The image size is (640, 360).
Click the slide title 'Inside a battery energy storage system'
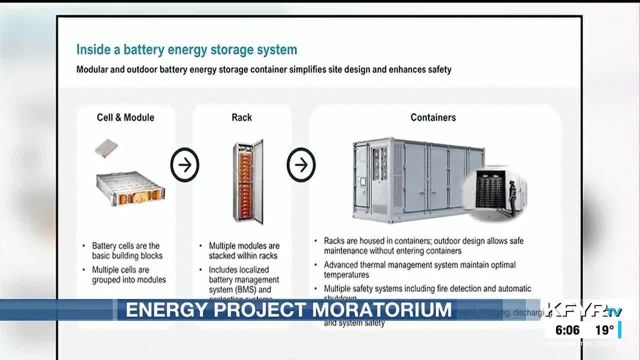point(186,50)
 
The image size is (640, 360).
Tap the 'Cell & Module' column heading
point(125,117)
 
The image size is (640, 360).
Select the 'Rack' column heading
point(241,117)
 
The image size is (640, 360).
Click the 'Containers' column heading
point(433,117)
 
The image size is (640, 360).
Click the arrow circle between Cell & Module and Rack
point(184,164)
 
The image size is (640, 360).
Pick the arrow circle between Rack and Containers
point(301,164)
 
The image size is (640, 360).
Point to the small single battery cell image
point(106,148)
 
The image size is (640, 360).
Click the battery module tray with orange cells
point(130,188)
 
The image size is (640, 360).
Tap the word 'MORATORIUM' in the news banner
point(382,310)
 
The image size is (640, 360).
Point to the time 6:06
point(567,330)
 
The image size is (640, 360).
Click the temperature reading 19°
point(604,330)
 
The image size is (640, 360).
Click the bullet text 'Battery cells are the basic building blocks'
point(127,250)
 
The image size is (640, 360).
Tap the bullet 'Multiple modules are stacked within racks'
point(244,250)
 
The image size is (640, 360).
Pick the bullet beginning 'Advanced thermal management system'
point(419,269)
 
